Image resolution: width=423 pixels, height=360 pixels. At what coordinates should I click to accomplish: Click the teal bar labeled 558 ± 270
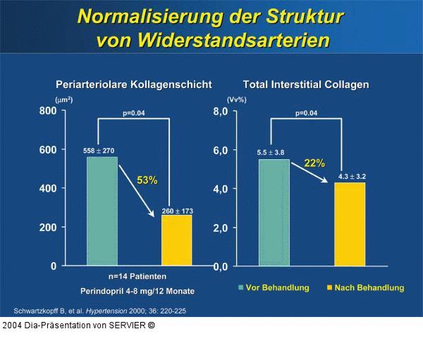(102, 211)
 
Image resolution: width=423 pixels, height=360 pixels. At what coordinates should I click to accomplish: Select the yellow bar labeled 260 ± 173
(176, 240)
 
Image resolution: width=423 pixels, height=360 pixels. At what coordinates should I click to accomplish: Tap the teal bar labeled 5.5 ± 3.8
(274, 212)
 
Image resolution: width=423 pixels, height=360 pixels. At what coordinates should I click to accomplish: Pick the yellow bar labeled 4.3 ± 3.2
(349, 224)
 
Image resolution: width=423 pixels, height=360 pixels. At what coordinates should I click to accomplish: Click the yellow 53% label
(147, 180)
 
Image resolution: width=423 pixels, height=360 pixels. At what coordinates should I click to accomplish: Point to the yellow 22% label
(314, 163)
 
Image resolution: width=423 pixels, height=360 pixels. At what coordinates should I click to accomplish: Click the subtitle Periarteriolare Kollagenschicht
(134, 85)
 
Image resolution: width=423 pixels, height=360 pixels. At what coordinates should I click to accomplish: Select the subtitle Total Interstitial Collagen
(316, 85)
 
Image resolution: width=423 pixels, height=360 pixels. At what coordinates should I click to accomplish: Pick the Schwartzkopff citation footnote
(100, 311)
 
